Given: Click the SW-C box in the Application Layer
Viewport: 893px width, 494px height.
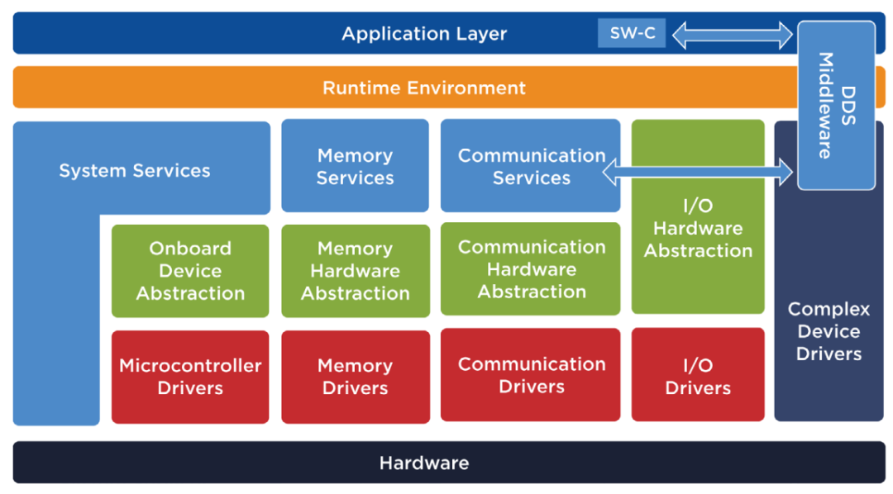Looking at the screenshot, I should (x=631, y=34).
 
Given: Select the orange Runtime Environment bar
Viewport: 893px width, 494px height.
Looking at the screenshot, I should (x=423, y=88).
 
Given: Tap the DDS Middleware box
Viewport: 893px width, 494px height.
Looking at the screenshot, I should (x=836, y=106).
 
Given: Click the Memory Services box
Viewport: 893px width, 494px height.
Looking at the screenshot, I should (x=355, y=166).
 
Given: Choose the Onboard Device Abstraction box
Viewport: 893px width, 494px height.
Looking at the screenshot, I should (x=190, y=271).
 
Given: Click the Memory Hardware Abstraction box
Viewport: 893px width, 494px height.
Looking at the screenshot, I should (x=356, y=271).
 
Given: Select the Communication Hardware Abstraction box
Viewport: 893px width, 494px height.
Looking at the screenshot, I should (x=531, y=269).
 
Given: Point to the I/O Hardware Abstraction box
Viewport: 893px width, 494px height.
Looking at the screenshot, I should (x=698, y=228).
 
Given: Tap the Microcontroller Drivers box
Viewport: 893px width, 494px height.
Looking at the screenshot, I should (x=190, y=377).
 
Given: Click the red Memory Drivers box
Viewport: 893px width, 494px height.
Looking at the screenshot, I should (x=356, y=377).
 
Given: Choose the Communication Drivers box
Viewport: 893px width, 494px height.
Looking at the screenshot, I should (x=531, y=375).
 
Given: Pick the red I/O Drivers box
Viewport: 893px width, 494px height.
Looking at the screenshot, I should (x=698, y=377).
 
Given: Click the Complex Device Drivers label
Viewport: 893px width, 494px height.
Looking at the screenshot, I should (x=829, y=331).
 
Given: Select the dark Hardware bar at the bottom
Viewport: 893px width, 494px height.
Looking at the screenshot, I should (x=423, y=463).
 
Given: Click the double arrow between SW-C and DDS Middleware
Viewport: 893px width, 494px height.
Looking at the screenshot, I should (x=732, y=34).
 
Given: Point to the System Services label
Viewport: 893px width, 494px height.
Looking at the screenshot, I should (x=135, y=171).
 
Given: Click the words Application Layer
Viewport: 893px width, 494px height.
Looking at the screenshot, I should (x=423, y=34).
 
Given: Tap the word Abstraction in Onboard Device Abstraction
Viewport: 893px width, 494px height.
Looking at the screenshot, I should (x=190, y=293).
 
